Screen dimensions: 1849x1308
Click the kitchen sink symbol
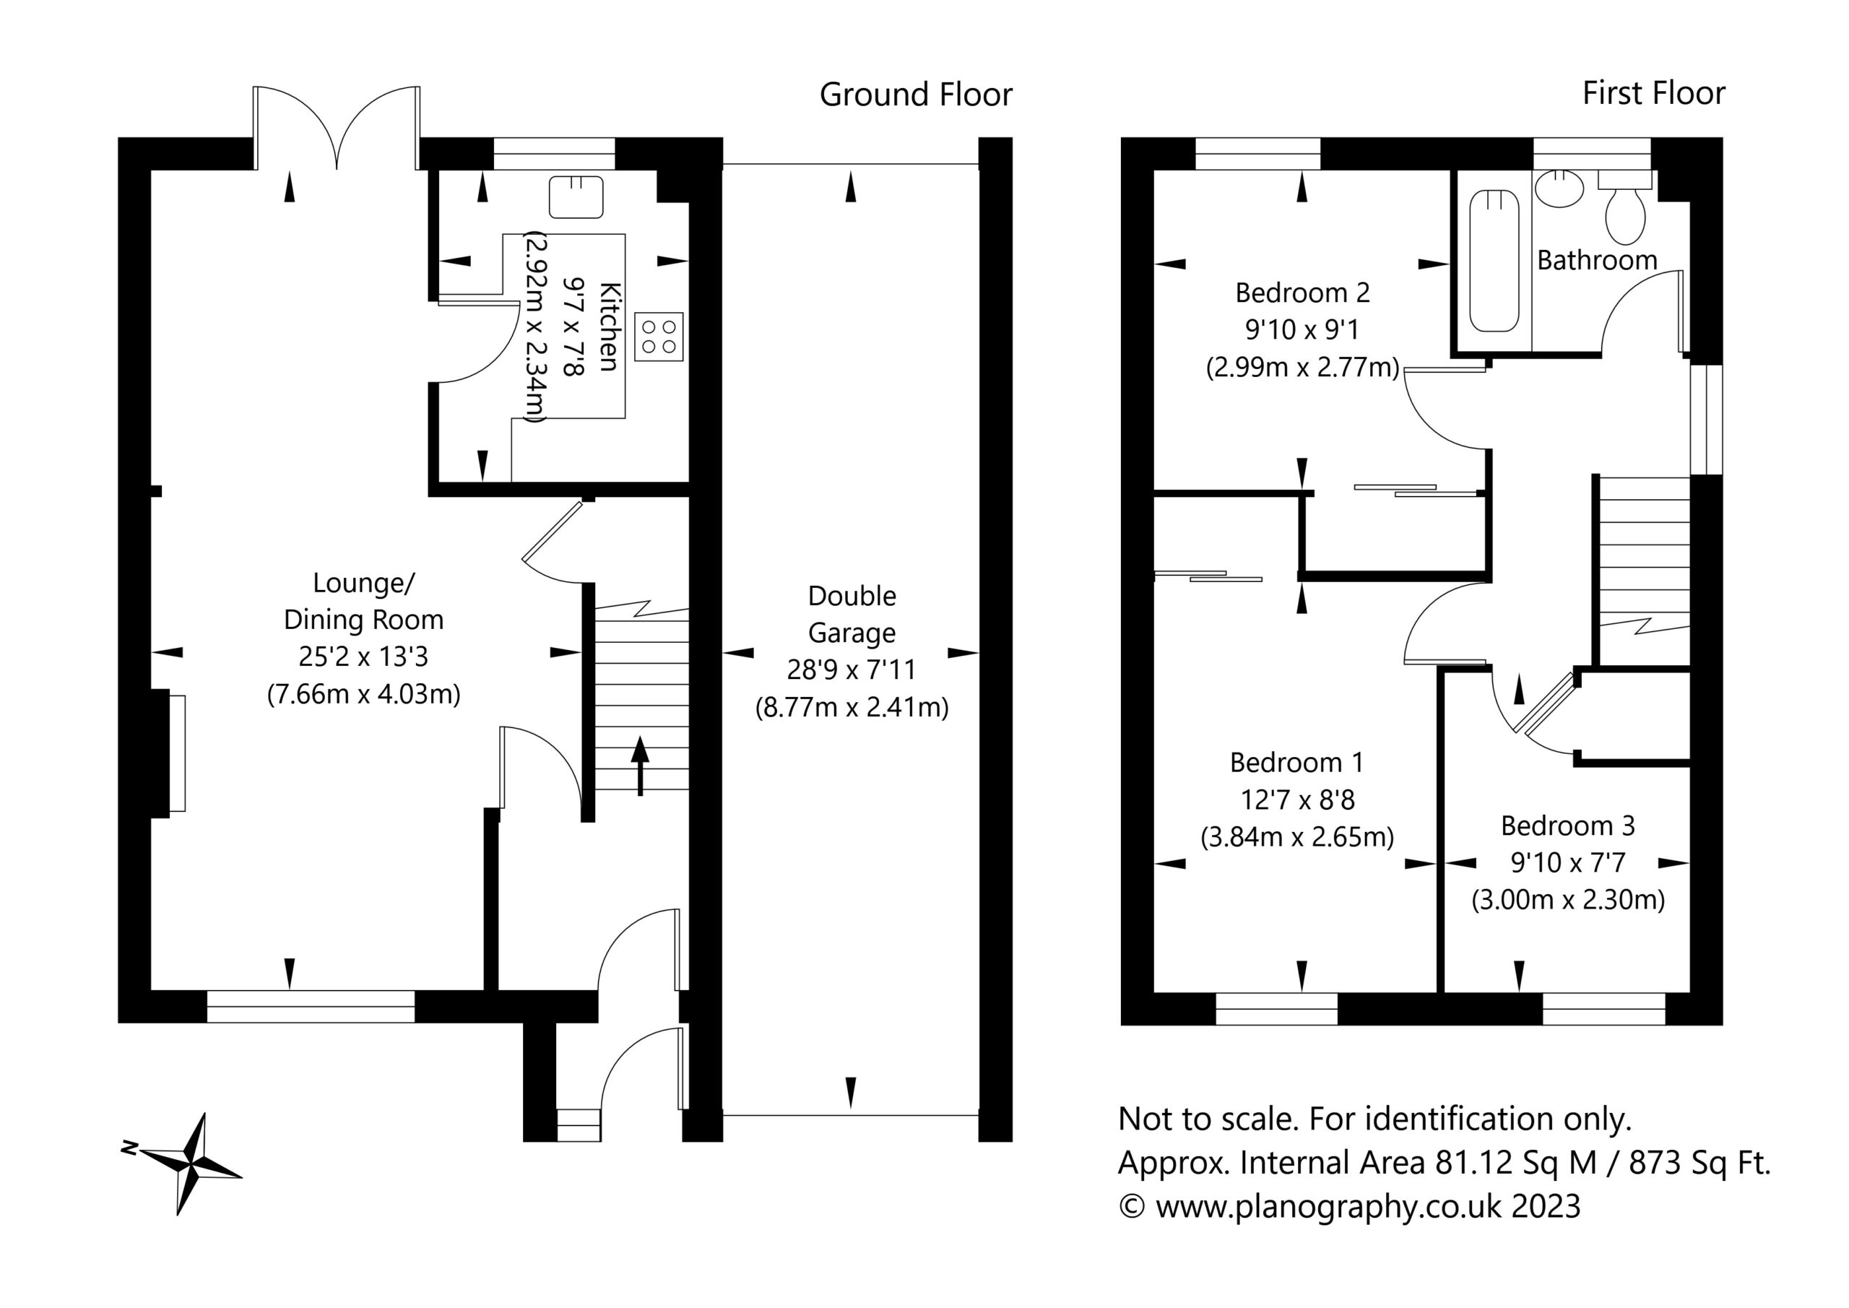(576, 197)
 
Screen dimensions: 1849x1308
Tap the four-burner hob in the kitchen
(659, 337)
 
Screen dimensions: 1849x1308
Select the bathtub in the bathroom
(1494, 260)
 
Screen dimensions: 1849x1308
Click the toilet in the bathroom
(1625, 207)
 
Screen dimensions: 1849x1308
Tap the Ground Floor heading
(916, 95)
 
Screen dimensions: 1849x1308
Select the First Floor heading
(1653, 93)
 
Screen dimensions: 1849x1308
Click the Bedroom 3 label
(1567, 826)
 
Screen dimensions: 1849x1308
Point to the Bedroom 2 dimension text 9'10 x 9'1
(1302, 329)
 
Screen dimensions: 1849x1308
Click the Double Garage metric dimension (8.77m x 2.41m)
(852, 707)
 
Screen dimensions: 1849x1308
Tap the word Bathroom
(1597, 260)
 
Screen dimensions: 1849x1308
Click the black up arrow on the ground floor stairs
(640, 765)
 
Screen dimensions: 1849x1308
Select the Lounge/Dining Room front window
(311, 1007)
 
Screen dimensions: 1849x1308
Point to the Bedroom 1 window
(1276, 1008)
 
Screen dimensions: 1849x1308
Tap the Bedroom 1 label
(1296, 762)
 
